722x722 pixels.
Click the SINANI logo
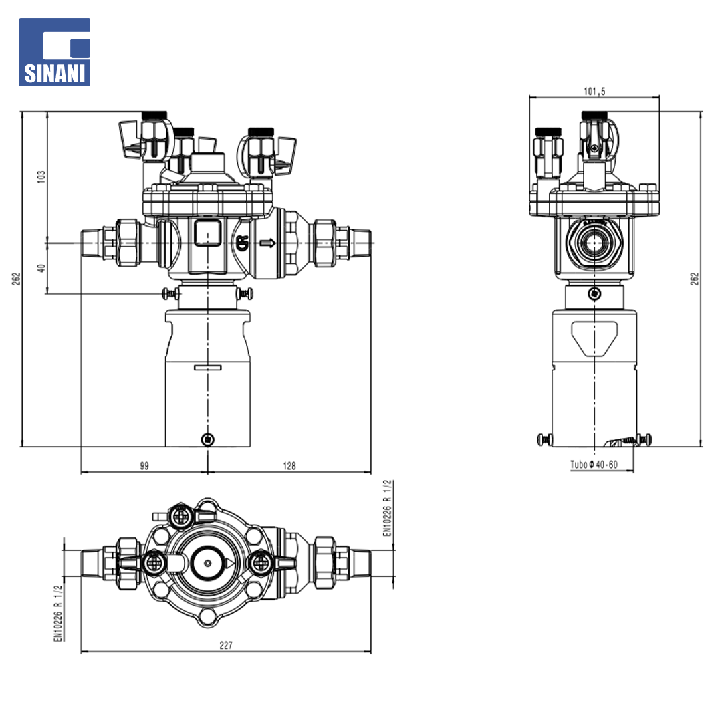pyautogui.click(x=54, y=52)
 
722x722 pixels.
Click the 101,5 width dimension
pyautogui.click(x=594, y=91)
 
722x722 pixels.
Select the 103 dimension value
pyautogui.click(x=41, y=176)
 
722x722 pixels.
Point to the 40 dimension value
pyautogui.click(x=41, y=268)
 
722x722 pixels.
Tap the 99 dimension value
pyautogui.click(x=144, y=465)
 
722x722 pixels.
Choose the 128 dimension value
pyautogui.click(x=289, y=465)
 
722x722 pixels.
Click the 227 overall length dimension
pyautogui.click(x=226, y=645)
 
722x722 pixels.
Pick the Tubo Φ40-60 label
pyautogui.click(x=594, y=464)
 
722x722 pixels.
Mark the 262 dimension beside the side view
pyautogui.click(x=695, y=279)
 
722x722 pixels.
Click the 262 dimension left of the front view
pyautogui.click(x=16, y=279)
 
